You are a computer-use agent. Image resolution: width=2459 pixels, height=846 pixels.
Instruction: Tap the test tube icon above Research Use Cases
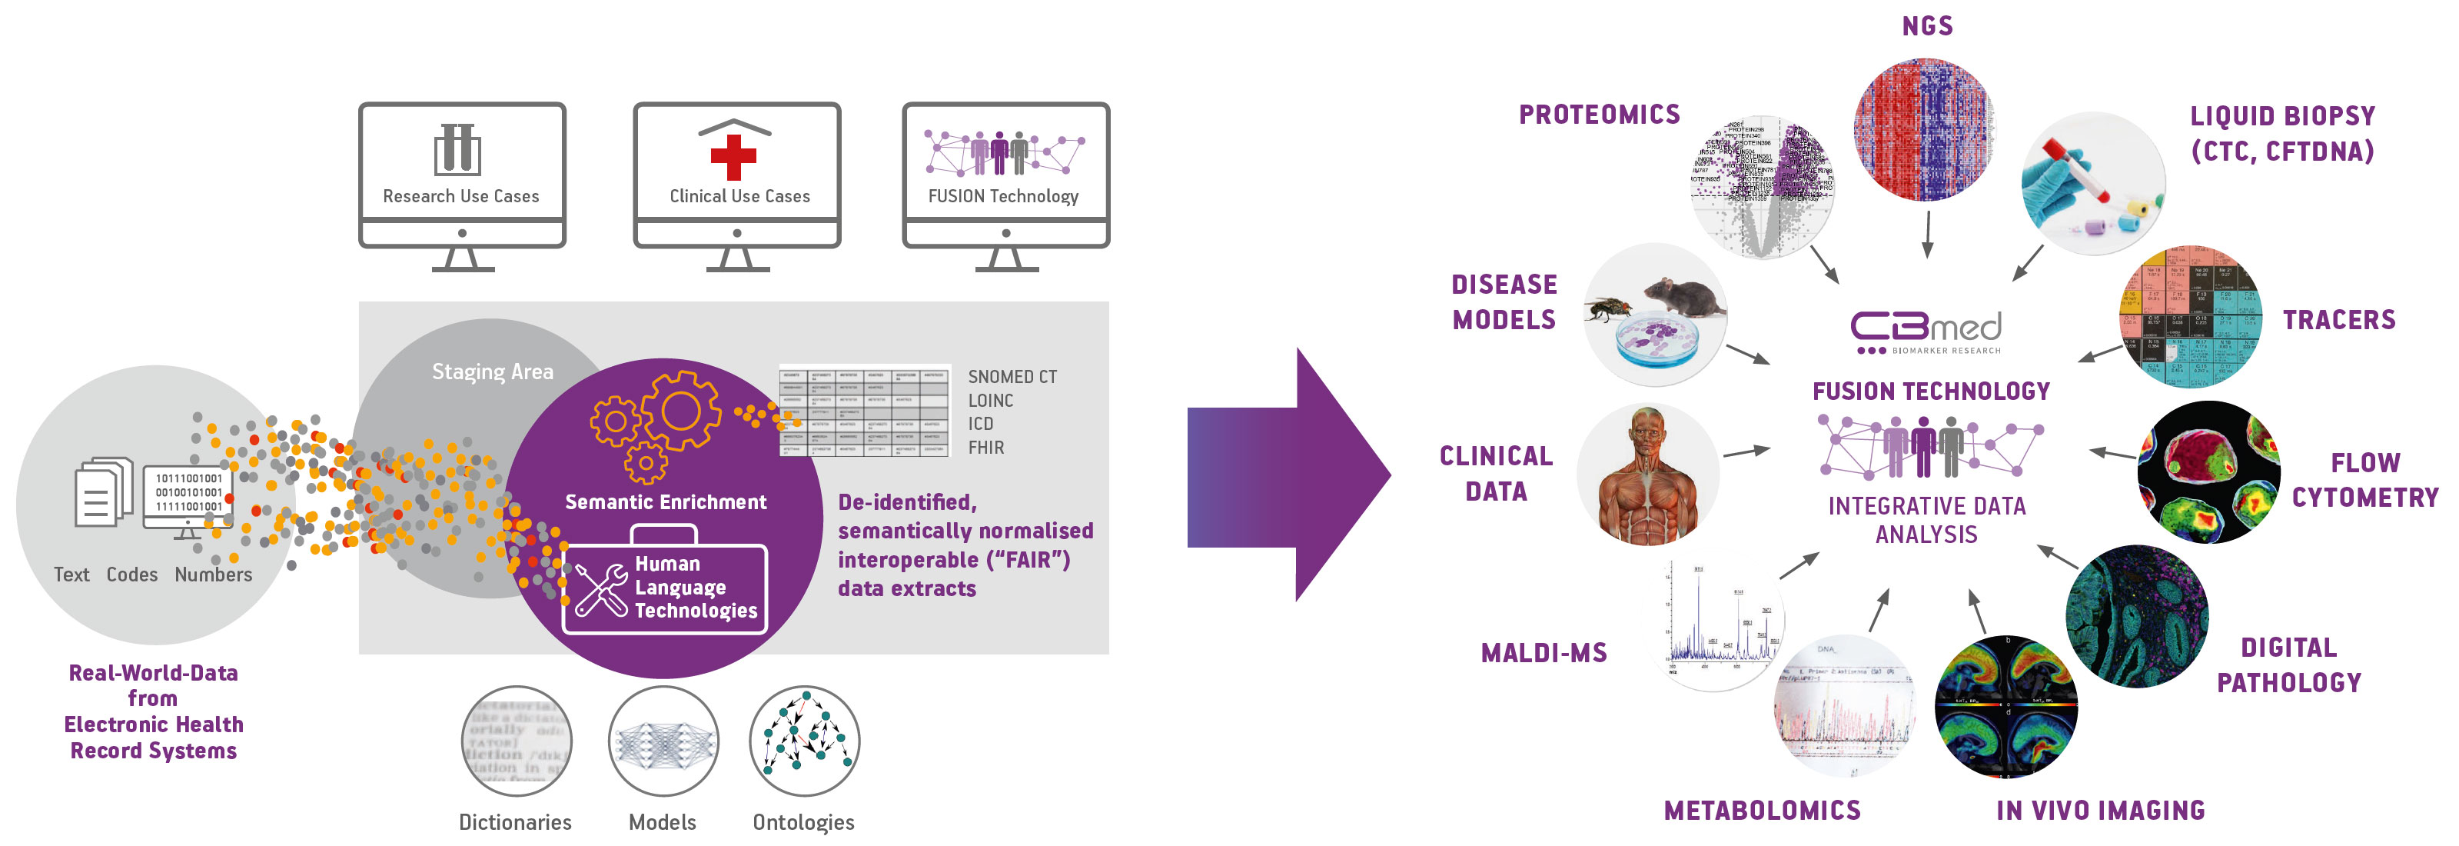[457, 150]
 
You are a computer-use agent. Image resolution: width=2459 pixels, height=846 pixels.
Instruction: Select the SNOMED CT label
[1012, 377]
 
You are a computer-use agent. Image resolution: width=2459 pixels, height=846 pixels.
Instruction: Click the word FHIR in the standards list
[985, 448]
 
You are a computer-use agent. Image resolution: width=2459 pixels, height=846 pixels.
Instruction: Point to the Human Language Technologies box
[666, 588]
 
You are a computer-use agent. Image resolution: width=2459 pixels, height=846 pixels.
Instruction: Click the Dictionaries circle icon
[517, 741]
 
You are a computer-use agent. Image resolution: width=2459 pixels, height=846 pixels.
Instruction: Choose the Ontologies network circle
[804, 741]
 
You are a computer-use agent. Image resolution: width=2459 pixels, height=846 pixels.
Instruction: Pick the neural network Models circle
[663, 741]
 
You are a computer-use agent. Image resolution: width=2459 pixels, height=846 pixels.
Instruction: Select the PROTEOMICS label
[1599, 115]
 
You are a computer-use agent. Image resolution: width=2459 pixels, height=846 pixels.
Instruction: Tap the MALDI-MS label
[1544, 653]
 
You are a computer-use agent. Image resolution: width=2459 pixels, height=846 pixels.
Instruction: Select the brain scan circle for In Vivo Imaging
[2005, 707]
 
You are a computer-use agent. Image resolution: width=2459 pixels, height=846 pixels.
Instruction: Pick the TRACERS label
[2339, 320]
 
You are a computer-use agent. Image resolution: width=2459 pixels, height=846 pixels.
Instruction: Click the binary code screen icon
[188, 495]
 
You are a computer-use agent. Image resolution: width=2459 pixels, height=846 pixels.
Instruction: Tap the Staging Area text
[492, 371]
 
